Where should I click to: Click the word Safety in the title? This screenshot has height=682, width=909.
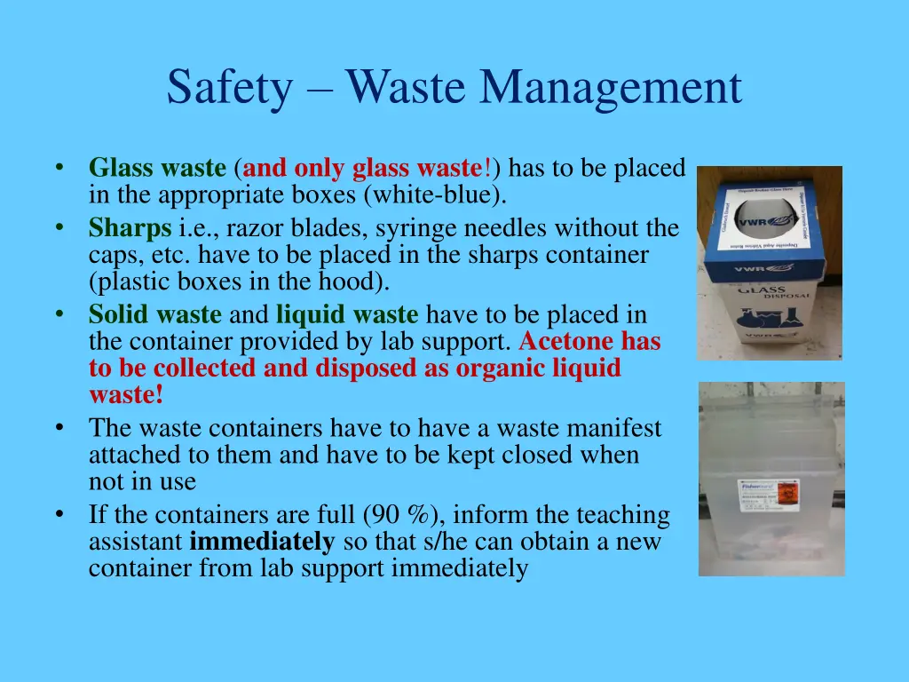pyautogui.click(x=228, y=89)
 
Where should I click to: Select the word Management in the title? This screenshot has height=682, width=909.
pyautogui.click(x=611, y=89)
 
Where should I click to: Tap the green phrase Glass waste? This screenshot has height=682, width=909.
pyautogui.click(x=157, y=168)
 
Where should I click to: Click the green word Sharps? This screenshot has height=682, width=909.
pyautogui.click(x=130, y=228)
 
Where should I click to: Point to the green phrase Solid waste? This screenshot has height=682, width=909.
pyautogui.click(x=155, y=314)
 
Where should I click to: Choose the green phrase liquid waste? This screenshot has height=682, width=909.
pyautogui.click(x=347, y=314)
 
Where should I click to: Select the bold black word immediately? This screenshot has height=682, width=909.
pyautogui.click(x=262, y=542)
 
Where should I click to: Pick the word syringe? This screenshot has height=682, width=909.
pyautogui.click(x=410, y=228)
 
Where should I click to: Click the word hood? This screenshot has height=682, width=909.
pyautogui.click(x=361, y=282)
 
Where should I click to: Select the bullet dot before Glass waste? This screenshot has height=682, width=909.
pyautogui.click(x=59, y=168)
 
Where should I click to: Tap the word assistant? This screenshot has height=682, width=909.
pyautogui.click(x=135, y=542)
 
